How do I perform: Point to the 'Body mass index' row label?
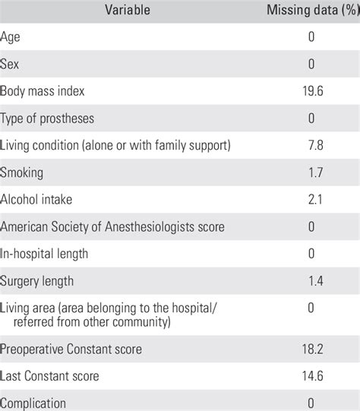(43, 91)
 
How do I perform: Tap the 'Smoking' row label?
(22, 172)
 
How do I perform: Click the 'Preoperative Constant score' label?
(72, 349)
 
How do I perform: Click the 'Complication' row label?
(33, 403)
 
